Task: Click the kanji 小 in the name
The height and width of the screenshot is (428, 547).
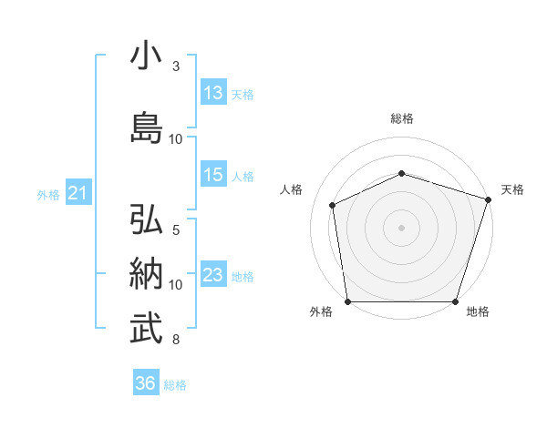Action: pyautogui.click(x=146, y=55)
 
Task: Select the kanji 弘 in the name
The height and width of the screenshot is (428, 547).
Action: pyautogui.click(x=146, y=219)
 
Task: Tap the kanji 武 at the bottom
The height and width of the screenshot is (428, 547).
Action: pyautogui.click(x=146, y=328)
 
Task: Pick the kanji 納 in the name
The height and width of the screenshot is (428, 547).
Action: pyautogui.click(x=146, y=273)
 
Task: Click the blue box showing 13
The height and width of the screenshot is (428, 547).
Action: pyautogui.click(x=214, y=92)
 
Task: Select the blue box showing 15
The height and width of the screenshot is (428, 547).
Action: pyautogui.click(x=214, y=174)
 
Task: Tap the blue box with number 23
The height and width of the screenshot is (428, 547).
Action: pyautogui.click(x=214, y=273)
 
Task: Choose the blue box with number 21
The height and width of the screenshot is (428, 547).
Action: pyautogui.click(x=78, y=192)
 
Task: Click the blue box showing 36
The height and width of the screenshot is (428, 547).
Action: pyautogui.click(x=146, y=382)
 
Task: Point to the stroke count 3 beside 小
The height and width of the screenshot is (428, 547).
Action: pyautogui.click(x=176, y=66)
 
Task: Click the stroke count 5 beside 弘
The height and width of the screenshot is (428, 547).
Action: pyautogui.click(x=176, y=230)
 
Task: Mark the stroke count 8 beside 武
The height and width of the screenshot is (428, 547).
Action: pyautogui.click(x=176, y=340)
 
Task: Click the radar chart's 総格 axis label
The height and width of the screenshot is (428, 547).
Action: pyautogui.click(x=402, y=118)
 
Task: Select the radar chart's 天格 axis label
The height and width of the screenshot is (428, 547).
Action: pyautogui.click(x=512, y=189)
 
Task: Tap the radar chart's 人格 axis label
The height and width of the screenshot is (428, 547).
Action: pyautogui.click(x=291, y=189)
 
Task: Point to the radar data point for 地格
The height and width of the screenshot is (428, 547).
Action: pyautogui.click(x=455, y=301)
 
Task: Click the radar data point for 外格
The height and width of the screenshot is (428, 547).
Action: pyautogui.click(x=348, y=301)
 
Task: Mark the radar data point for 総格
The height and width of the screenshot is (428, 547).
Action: pyautogui.click(x=402, y=173)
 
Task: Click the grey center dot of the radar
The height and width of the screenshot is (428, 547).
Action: pyautogui.click(x=401, y=228)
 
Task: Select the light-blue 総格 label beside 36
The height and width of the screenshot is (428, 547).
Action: pyautogui.click(x=175, y=385)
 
